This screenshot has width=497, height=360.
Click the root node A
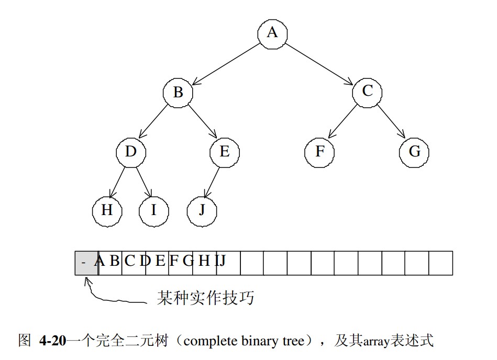[x=272, y=33]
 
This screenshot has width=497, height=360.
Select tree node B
[x=178, y=93]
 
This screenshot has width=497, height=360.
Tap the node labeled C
[x=367, y=92]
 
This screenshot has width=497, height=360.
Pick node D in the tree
[x=131, y=152]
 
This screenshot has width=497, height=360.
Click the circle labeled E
[x=225, y=152]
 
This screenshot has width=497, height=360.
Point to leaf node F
[x=320, y=152]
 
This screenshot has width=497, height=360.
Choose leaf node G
[x=414, y=152]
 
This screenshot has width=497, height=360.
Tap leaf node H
[x=107, y=211]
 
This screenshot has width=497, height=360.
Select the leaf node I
[x=154, y=211]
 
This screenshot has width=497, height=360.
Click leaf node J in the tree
[x=202, y=211]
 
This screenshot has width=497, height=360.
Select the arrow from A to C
[x=319, y=63]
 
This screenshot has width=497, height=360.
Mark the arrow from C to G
[x=391, y=122]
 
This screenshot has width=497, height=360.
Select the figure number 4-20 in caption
[x=52, y=342]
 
